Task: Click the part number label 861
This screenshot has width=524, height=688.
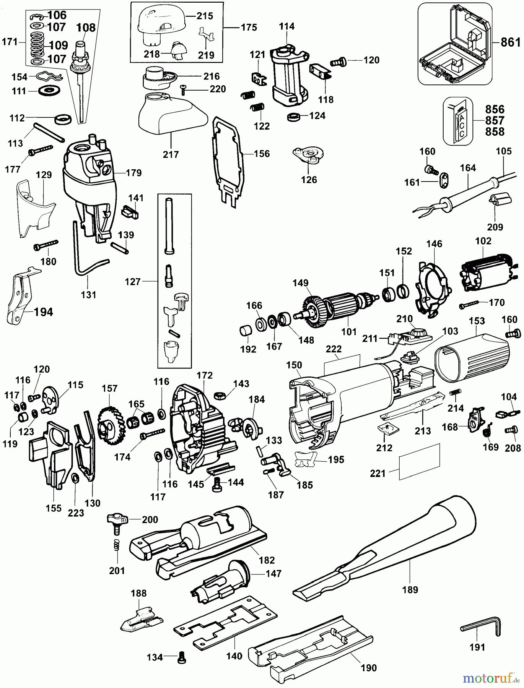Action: click(511, 42)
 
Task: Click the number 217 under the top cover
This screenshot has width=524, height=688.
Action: click(171, 155)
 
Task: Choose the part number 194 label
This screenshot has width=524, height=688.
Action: click(43, 312)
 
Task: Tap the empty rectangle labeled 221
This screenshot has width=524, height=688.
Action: click(420, 462)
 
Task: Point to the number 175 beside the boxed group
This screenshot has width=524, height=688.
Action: click(249, 28)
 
